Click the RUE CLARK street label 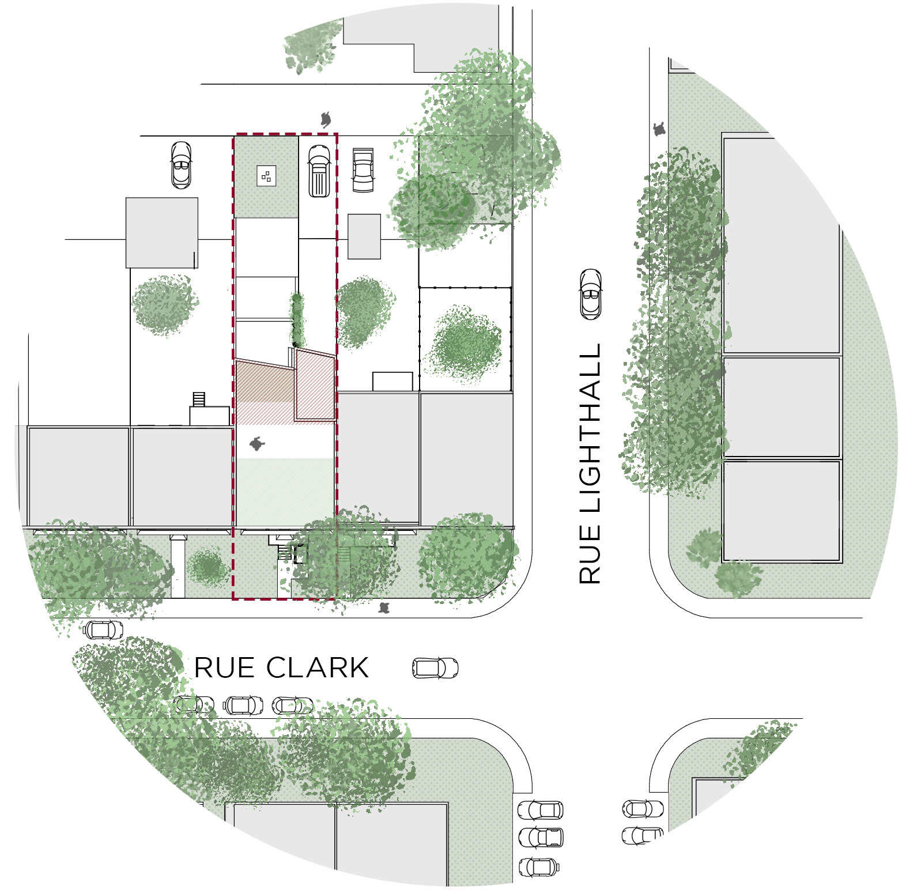[x=281, y=668]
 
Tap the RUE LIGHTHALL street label [x=590, y=464]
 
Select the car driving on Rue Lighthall [x=590, y=293]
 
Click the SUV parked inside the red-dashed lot [x=319, y=171]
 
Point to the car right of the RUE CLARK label [x=435, y=668]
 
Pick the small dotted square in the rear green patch [x=266, y=176]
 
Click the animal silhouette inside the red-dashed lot [x=257, y=444]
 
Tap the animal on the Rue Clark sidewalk [x=384, y=608]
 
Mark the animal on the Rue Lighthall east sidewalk [x=660, y=129]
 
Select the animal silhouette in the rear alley [x=327, y=119]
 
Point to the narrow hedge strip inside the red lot [x=297, y=317]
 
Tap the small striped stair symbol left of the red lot [x=199, y=398]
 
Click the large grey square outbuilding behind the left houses [x=162, y=232]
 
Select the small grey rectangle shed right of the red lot [x=364, y=236]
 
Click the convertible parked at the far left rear [x=181, y=165]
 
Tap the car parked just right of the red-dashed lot [x=363, y=170]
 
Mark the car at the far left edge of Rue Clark [x=102, y=629]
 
